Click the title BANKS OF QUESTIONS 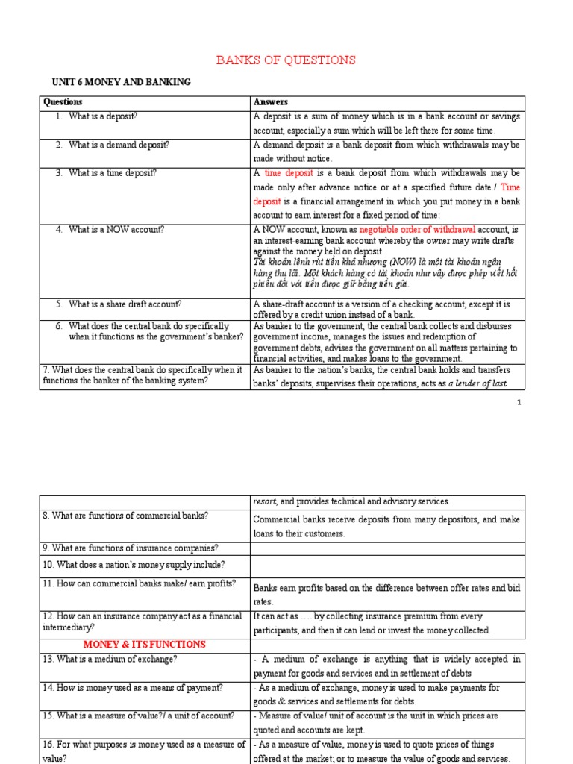[286, 60]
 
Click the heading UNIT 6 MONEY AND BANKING [121, 82]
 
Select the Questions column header [63, 102]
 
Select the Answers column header [270, 102]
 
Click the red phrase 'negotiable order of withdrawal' [416, 230]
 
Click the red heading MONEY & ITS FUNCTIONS [144, 644]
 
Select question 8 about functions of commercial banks [125, 516]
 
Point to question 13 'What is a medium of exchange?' [121, 659]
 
